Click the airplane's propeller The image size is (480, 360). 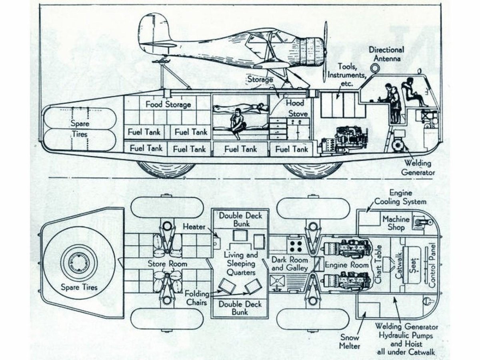click(326, 46)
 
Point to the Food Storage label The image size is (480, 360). click(168, 105)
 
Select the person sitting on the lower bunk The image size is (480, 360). click(237, 123)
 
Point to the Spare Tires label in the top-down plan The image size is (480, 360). click(79, 287)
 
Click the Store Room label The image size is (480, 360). click(167, 264)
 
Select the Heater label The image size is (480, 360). click(194, 227)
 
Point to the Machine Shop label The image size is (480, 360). click(396, 223)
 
